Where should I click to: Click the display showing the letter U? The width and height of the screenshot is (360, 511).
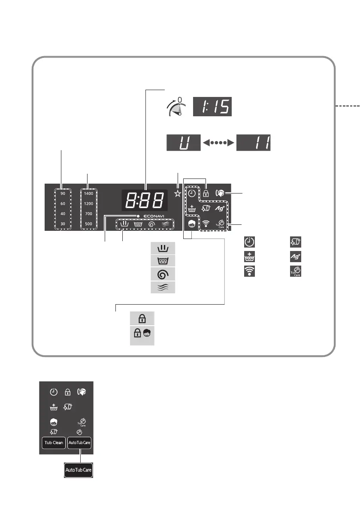pos(184,142)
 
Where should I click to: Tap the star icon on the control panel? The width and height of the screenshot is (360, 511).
pos(177,194)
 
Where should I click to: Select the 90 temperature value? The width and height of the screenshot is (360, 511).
pos(63,194)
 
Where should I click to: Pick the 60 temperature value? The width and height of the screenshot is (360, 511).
pos(63,203)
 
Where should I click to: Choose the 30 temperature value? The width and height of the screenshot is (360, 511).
pos(63,223)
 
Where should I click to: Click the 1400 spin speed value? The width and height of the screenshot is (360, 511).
pos(89,194)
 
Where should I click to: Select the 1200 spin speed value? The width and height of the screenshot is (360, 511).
pos(89,203)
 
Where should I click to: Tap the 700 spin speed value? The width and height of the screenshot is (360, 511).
pos(89,213)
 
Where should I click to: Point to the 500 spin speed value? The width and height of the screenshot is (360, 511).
pos(89,223)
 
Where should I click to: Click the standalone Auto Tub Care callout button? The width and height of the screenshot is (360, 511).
pos(79,471)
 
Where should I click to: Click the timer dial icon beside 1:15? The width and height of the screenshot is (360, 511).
pos(176,107)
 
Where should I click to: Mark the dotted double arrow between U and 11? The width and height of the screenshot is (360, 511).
pos(219,142)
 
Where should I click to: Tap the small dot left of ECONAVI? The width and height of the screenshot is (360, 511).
pos(139,215)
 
